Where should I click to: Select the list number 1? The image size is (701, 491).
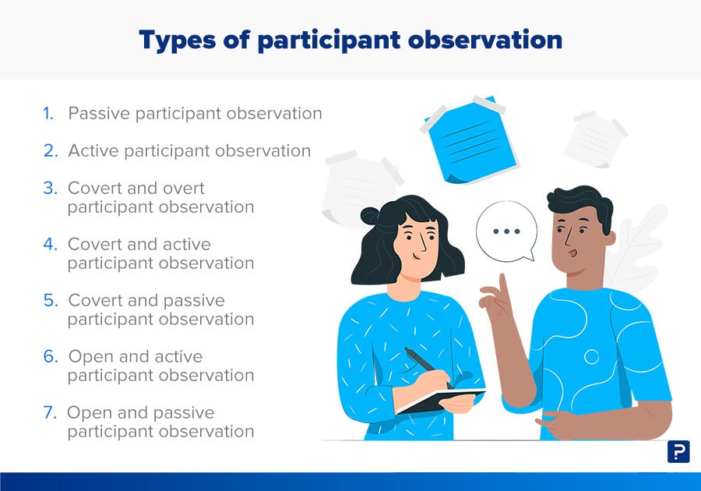click(x=48, y=114)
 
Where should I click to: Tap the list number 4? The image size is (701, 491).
click(x=50, y=245)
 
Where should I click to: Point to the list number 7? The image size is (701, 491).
click(x=50, y=413)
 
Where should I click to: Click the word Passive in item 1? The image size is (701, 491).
click(x=99, y=114)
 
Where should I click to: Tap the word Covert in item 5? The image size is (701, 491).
click(x=95, y=301)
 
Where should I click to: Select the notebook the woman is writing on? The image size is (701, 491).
click(x=440, y=398)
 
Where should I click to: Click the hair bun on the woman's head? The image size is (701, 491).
click(x=369, y=217)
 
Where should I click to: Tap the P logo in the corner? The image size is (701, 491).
click(x=678, y=452)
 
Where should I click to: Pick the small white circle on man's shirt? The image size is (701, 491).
click(x=591, y=357)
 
